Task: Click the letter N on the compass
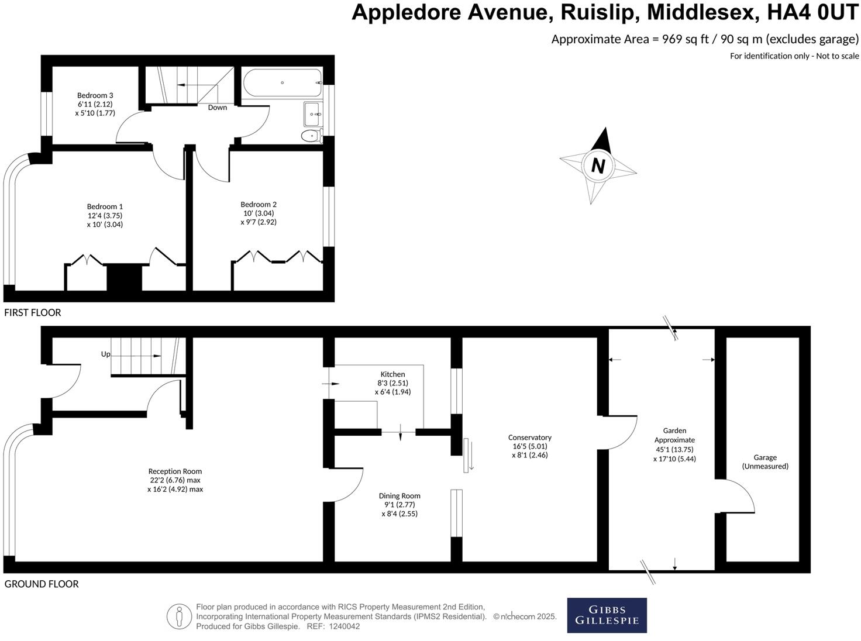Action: point(598,166)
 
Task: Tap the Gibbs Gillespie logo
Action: point(607,615)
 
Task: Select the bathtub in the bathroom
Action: point(283,82)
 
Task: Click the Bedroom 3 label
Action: point(95,95)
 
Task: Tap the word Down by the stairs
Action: point(218,108)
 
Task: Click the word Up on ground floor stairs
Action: point(106,354)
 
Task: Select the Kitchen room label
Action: point(392,374)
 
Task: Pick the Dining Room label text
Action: point(402,496)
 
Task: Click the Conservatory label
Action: point(529,437)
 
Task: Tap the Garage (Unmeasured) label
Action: point(764,462)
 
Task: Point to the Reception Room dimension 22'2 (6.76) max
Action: point(175,480)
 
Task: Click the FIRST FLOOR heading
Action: point(33,313)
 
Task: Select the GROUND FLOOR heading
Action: point(41,584)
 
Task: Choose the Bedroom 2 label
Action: point(259,204)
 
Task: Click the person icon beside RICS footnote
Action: point(179,616)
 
